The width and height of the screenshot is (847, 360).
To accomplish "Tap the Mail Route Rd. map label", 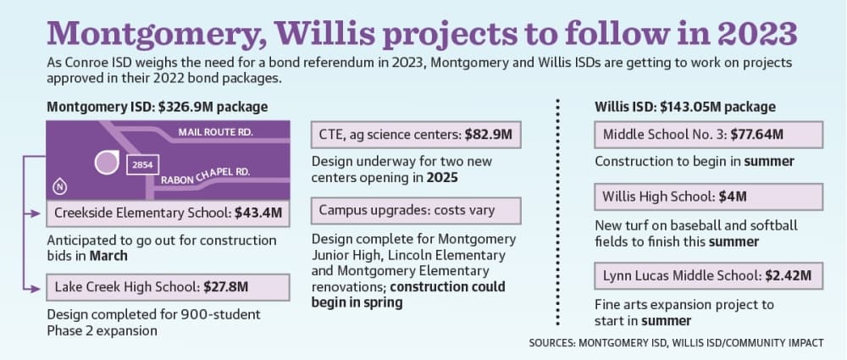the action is click(x=216, y=132).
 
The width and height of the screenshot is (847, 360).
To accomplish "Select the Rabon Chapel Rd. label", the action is click(x=205, y=175).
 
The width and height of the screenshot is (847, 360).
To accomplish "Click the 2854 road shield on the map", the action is click(x=142, y=166).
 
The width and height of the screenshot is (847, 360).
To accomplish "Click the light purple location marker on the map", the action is click(x=107, y=162).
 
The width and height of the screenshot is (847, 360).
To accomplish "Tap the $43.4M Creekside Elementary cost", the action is click(x=258, y=213).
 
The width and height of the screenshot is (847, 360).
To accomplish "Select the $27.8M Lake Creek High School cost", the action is click(x=226, y=287).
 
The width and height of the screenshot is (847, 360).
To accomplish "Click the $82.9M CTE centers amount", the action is click(x=489, y=135).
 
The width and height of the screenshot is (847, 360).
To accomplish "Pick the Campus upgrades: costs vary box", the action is click(x=416, y=210).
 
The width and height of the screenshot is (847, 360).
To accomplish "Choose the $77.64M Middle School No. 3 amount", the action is click(x=756, y=135).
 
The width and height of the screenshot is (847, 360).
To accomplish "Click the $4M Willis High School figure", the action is click(x=733, y=197).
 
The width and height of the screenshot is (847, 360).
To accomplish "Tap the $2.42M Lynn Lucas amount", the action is click(x=788, y=275).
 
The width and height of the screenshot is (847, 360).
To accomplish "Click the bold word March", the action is click(x=108, y=256).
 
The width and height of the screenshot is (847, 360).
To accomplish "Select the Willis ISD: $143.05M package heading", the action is click(x=685, y=107).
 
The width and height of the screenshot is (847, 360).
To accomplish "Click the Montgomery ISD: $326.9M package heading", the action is click(x=158, y=107).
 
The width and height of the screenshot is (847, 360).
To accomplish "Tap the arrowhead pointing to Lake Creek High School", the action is click(x=36, y=289).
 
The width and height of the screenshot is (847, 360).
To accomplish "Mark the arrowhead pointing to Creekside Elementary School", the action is click(x=36, y=214).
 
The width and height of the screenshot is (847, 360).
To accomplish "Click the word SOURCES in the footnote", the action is click(x=551, y=343).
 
